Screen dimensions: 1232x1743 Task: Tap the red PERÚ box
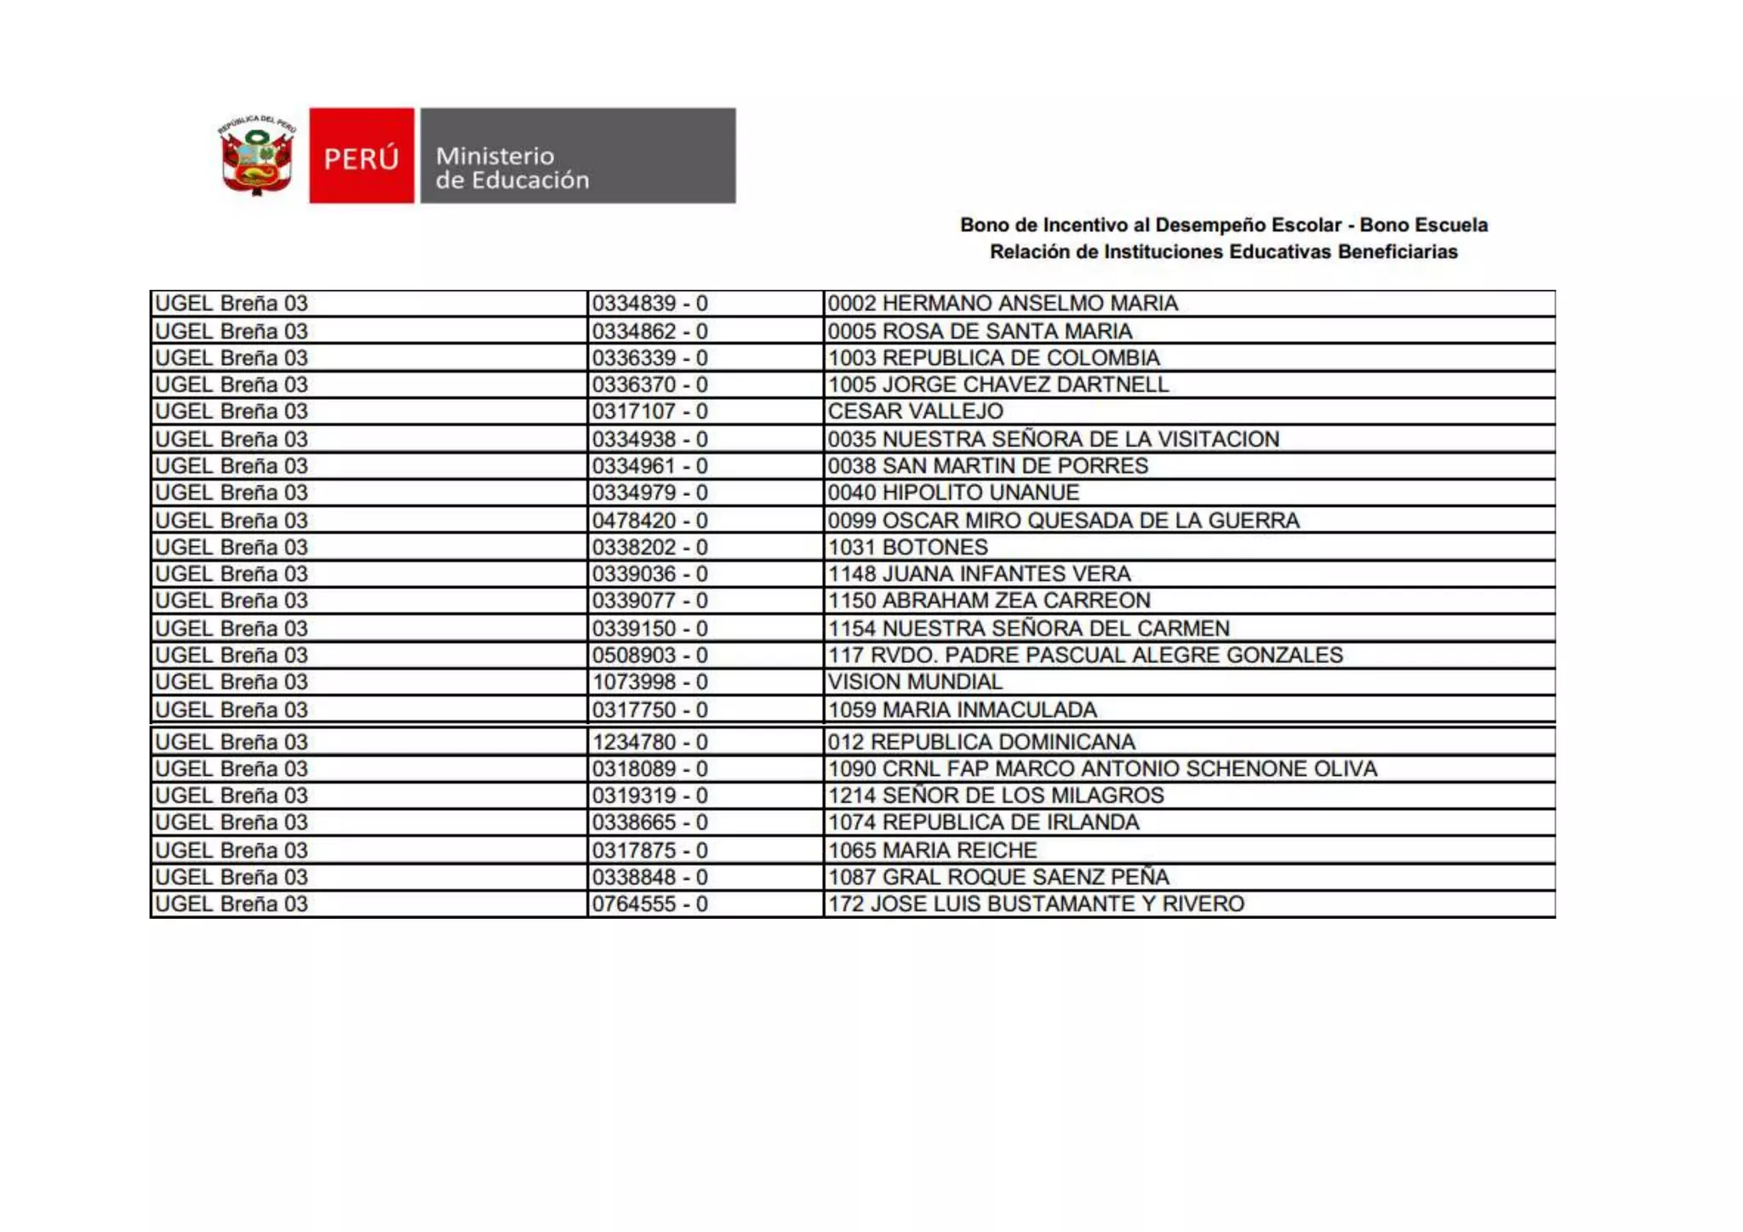(362, 156)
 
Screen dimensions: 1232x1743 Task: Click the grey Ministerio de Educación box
(578, 156)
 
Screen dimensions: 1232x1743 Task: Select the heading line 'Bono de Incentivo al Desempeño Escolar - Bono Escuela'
(1223, 225)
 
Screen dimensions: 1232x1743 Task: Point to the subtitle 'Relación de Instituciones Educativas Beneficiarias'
(1223, 252)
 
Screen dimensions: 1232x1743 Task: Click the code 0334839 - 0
(649, 304)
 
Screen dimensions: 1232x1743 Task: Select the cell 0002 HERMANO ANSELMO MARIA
(1003, 304)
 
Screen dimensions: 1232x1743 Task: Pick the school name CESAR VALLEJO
(915, 412)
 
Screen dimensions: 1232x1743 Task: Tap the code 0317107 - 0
(649, 412)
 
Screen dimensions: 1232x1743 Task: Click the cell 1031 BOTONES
(907, 547)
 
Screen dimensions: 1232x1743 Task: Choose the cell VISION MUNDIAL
(915, 682)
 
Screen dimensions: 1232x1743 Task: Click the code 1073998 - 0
(649, 682)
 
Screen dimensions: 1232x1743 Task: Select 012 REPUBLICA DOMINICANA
(981, 742)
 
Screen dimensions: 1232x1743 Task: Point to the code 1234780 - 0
(649, 742)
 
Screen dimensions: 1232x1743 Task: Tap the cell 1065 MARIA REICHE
(932, 850)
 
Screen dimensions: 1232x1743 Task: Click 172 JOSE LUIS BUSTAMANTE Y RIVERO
(1036, 904)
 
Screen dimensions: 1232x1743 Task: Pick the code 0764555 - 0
(649, 904)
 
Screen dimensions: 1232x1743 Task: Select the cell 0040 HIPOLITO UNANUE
(953, 493)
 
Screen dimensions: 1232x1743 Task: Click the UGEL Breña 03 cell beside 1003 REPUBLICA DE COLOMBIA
(231, 358)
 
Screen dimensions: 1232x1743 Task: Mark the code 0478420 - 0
(649, 521)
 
